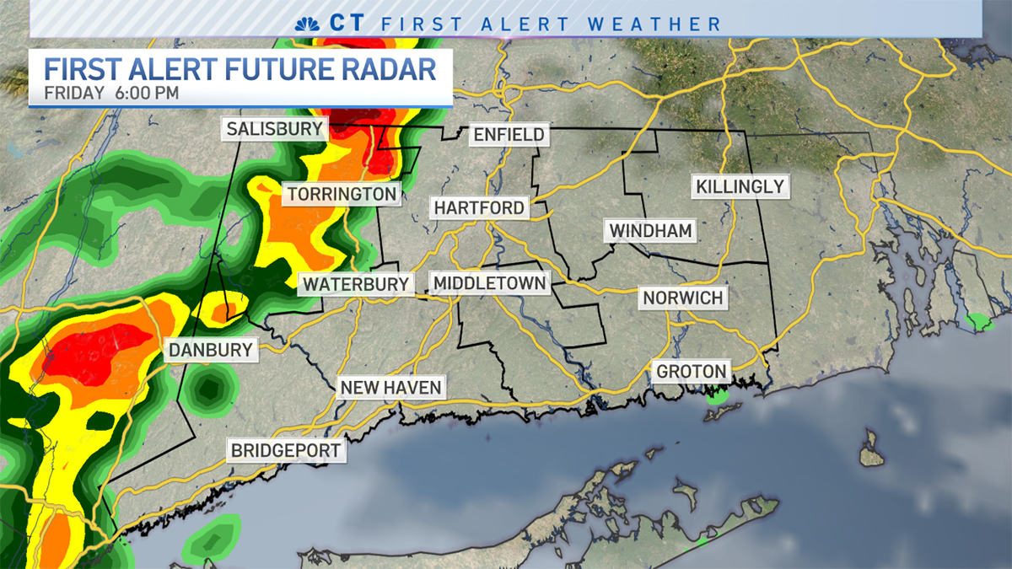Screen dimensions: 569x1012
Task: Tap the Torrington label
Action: pos(342,195)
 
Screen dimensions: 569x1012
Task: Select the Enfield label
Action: pos(509,135)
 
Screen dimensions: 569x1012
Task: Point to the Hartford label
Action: pos(479,207)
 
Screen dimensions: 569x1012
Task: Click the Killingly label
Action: pos(740,186)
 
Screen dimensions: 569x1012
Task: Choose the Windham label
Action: pos(650,230)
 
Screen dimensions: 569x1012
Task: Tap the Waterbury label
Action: pos(356,284)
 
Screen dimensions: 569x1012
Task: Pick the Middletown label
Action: pos(489,283)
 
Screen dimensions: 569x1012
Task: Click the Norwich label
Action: pos(682,298)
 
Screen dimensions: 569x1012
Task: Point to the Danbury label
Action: pos(210,350)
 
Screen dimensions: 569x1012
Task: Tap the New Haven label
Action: pos(390,388)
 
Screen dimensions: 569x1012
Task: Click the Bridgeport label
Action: pos(287,450)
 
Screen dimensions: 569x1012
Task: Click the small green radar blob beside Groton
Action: pos(718,394)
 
